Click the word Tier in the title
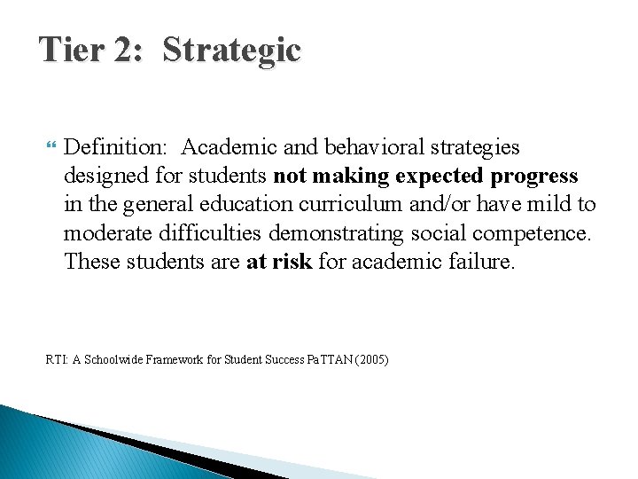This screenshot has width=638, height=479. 73,50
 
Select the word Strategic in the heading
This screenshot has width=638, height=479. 232,50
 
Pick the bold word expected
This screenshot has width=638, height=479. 438,176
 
